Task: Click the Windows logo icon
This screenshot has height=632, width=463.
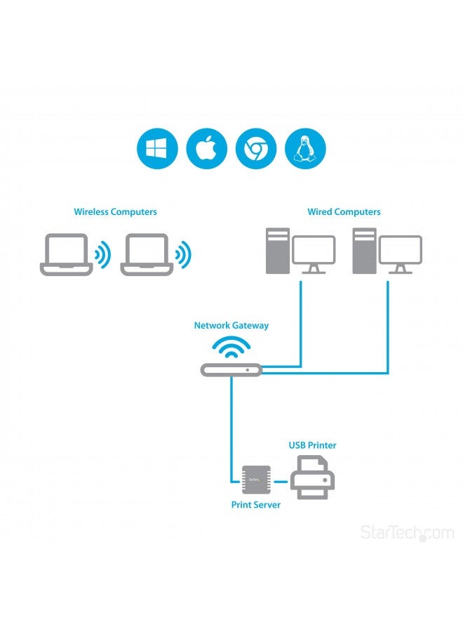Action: pos(157,149)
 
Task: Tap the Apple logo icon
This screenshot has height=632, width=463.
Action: pos(206,149)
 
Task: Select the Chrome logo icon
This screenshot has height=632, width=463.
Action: pos(256,149)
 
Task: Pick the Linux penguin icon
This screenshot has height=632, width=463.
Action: pos(305,149)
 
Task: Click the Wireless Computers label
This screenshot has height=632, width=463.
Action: pos(116,211)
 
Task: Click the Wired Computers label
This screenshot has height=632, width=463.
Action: pos(344,211)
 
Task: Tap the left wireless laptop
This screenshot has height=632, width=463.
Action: pos(67,254)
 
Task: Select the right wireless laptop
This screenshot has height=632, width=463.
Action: pos(147,254)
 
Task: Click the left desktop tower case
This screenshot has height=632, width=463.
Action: pos(276,251)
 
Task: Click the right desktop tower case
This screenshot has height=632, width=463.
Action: pos(363,251)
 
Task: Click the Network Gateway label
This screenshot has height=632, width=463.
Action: pos(231,326)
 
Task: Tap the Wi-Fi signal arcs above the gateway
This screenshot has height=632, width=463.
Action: pos(231,347)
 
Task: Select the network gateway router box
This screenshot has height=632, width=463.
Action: pos(231,369)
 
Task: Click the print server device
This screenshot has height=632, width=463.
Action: pos(255,481)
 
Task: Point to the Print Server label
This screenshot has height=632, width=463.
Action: pos(255,505)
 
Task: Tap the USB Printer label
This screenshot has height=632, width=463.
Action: pos(312,445)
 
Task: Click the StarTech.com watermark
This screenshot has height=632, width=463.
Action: pos(407,533)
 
